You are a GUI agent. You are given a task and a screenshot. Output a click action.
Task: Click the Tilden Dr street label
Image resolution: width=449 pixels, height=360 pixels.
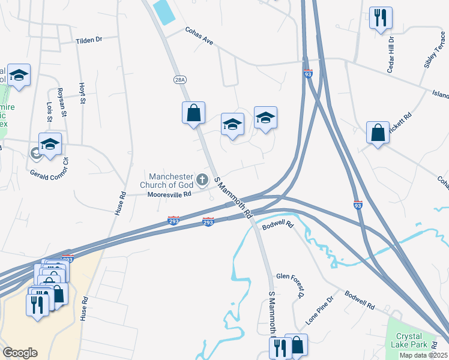tap(89, 40)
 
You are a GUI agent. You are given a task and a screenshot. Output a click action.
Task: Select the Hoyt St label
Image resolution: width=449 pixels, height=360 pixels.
tap(82, 93)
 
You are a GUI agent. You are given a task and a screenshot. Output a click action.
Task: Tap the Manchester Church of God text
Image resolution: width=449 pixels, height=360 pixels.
tap(172, 181)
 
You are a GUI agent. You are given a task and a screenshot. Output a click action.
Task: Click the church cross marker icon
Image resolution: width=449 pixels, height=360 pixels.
tap(202, 179)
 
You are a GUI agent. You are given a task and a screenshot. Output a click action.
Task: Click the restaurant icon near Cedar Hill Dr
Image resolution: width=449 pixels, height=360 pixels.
tap(379, 17)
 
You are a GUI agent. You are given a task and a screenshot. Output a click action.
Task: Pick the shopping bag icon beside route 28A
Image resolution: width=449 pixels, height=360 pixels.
tap(193, 112)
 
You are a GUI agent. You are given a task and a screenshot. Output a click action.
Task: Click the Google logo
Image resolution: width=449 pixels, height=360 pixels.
tap(20, 353)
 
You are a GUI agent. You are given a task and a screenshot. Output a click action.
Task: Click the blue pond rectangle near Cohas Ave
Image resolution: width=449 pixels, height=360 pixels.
tap(164, 11)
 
